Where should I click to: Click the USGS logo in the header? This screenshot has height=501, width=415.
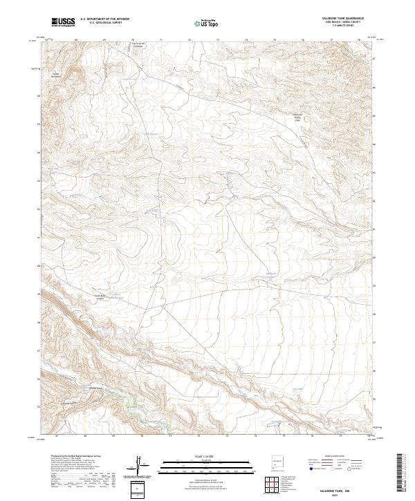pos(62,22)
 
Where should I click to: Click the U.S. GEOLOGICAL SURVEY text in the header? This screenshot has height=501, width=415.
pos(100,23)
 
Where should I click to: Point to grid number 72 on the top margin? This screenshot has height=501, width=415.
pos(189,40)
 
